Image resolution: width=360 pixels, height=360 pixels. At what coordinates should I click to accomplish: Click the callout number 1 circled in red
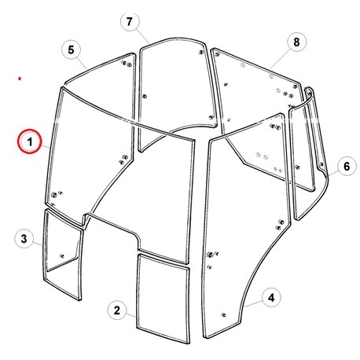tap(30, 141)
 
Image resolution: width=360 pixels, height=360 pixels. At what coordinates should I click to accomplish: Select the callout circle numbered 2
tap(117, 310)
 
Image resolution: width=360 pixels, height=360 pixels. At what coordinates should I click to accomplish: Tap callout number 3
tap(24, 239)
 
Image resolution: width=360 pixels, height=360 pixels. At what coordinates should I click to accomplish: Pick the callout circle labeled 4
tap(271, 297)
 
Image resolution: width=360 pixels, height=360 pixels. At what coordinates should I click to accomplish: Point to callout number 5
tap(71, 50)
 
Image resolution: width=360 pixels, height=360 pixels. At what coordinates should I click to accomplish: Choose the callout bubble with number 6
tap(347, 166)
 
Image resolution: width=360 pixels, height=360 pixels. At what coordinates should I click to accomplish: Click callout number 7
tap(130, 21)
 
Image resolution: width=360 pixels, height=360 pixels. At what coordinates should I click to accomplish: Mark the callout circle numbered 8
tap(296, 42)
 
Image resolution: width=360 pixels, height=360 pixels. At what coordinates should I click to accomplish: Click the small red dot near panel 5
tap(20, 79)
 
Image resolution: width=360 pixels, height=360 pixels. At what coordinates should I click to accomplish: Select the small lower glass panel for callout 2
tap(163, 299)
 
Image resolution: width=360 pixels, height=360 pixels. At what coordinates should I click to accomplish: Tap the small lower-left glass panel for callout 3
tap(63, 253)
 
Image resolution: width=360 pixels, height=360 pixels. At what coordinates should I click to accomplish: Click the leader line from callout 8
tap(281, 59)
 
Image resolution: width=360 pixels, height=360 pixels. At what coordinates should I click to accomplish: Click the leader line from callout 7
tap(143, 36)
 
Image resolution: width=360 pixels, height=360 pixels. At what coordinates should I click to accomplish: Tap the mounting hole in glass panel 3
tap(62, 255)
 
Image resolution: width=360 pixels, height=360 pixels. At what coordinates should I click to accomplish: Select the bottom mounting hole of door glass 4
tap(223, 315)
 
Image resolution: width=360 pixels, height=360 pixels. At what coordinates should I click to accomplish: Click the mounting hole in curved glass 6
tap(321, 164)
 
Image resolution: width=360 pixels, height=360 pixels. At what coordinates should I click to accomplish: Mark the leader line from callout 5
tap(82, 64)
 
